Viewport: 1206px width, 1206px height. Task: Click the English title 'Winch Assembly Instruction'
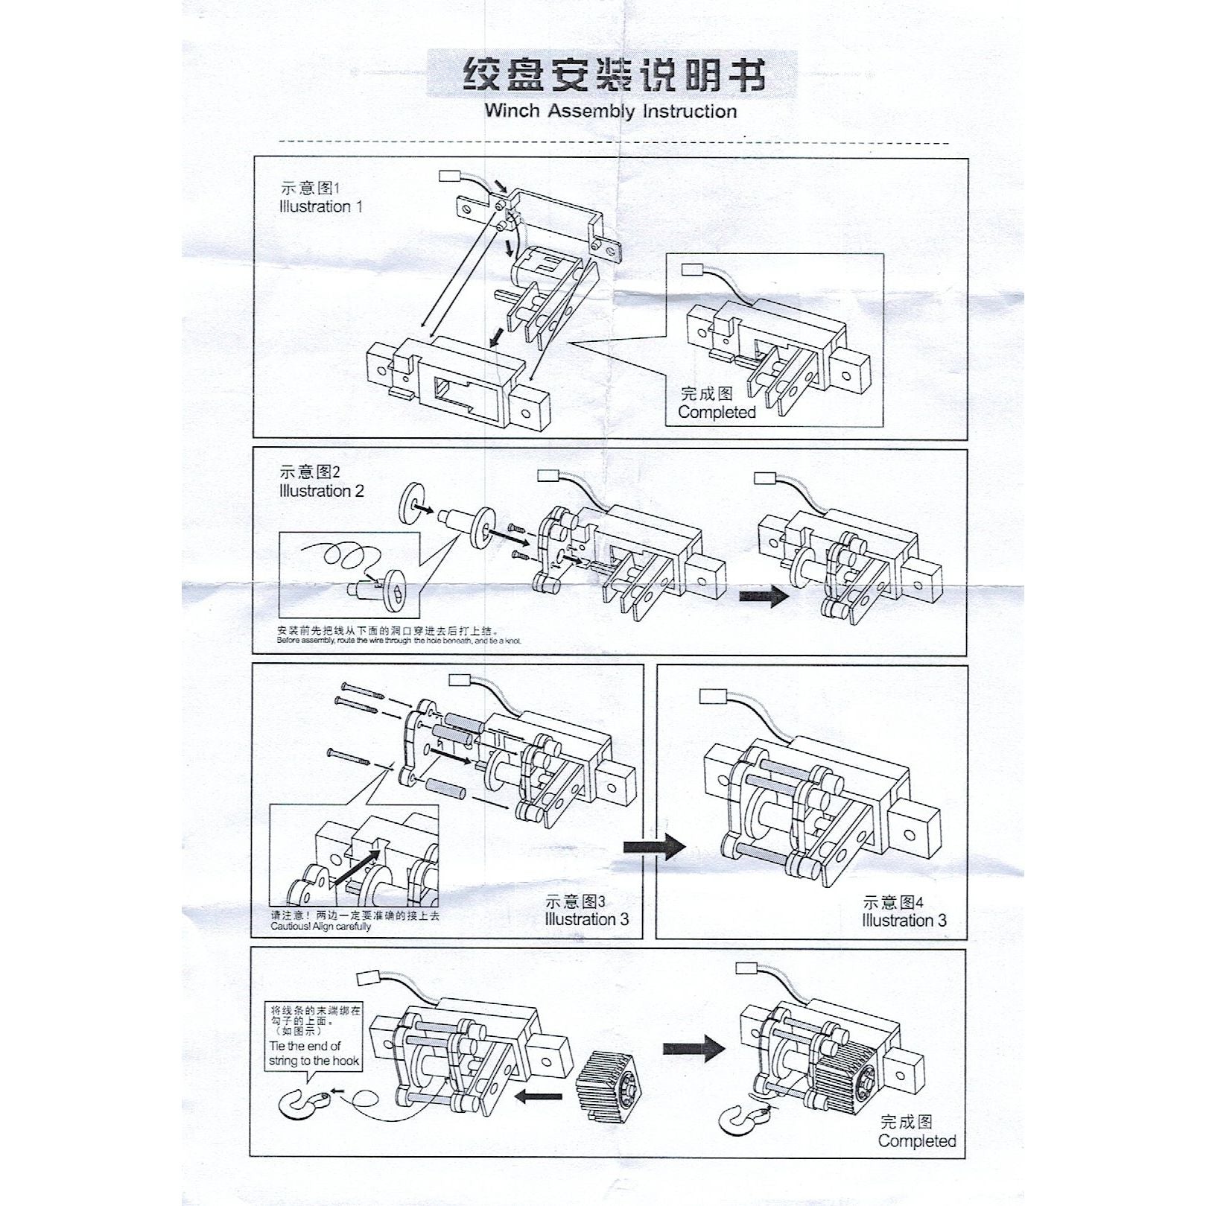(x=610, y=112)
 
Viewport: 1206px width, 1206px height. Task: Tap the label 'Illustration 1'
(x=321, y=207)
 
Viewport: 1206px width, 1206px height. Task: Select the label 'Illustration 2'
(x=322, y=492)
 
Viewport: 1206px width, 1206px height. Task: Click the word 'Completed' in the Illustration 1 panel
(x=717, y=413)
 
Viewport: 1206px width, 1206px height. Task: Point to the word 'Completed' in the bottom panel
(x=917, y=1141)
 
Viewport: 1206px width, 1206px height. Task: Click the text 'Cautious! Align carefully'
(x=321, y=927)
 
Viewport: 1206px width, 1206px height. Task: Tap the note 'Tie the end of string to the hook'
(x=314, y=1053)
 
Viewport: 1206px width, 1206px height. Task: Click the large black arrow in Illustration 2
(x=764, y=596)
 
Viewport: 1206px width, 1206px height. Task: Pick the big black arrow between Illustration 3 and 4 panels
(x=654, y=845)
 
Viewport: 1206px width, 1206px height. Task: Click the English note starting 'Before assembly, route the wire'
(x=399, y=641)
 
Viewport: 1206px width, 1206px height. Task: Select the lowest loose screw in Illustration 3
(x=347, y=756)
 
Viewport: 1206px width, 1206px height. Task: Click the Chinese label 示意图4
(x=893, y=903)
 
